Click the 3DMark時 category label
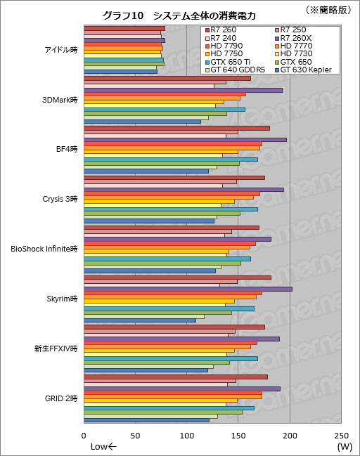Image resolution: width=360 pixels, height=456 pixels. tap(60, 99)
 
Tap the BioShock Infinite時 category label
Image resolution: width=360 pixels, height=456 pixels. tap(44, 248)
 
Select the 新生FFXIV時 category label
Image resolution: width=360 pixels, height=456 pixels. tap(56, 348)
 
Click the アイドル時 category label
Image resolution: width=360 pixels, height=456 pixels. tap(60, 50)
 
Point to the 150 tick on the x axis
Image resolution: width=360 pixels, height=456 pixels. tap(238, 436)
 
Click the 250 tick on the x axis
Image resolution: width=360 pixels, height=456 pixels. tap(341, 436)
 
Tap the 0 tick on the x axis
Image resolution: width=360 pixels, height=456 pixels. tap(84, 436)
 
